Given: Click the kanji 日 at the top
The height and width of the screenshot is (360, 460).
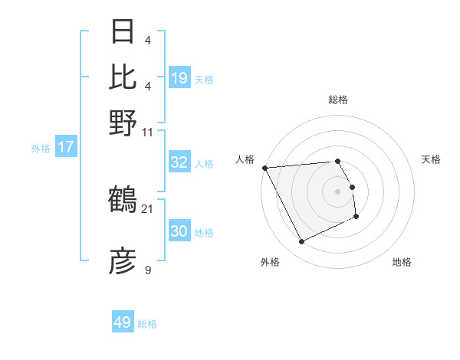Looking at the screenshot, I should pyautogui.click(x=123, y=32).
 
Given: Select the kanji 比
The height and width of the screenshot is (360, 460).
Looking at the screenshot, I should pyautogui.click(x=123, y=77).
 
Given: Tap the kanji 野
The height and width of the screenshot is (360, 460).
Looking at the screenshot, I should pyautogui.click(x=123, y=123).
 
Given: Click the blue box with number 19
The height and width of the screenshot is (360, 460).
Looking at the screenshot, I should pyautogui.click(x=179, y=77).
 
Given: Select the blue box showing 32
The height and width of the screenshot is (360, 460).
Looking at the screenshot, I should pyautogui.click(x=179, y=162).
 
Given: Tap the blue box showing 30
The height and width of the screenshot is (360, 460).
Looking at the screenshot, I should pyautogui.click(x=179, y=231).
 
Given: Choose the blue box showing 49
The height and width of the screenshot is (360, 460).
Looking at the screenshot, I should pyautogui.click(x=123, y=322).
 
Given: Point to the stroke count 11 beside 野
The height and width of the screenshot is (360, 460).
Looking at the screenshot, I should pyautogui.click(x=148, y=132).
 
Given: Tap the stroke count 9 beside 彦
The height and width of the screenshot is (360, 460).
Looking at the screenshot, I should pyautogui.click(x=148, y=270).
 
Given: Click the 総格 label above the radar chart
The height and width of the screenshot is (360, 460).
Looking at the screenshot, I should pyautogui.click(x=337, y=100).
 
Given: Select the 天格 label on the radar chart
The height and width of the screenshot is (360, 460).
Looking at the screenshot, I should pyautogui.click(x=432, y=159).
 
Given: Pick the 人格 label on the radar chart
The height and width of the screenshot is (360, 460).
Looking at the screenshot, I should pyautogui.click(x=245, y=159).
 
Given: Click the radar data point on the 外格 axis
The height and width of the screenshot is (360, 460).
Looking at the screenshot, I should pyautogui.click(x=301, y=242).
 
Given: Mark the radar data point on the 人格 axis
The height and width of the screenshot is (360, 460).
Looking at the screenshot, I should pyautogui.click(x=264, y=168).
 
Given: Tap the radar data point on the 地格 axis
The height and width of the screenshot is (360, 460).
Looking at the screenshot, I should pyautogui.click(x=356, y=218).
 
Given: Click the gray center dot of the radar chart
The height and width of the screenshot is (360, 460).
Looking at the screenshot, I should pyautogui.click(x=337, y=191).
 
